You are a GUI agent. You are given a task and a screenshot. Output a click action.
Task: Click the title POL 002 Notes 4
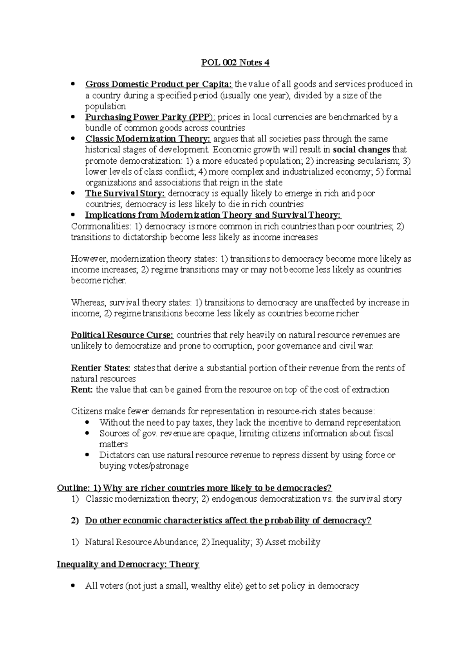(235, 63)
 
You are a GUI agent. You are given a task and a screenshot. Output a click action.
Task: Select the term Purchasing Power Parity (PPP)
(150, 117)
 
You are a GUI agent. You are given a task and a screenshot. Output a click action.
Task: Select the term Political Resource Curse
(122, 335)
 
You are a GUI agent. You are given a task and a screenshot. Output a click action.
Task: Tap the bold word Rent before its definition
(82, 390)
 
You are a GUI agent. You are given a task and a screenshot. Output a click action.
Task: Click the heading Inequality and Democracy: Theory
(128, 564)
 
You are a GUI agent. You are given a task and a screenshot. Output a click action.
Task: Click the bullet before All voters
(73, 586)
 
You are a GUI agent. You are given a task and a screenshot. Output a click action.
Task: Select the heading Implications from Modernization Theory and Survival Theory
(213, 215)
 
